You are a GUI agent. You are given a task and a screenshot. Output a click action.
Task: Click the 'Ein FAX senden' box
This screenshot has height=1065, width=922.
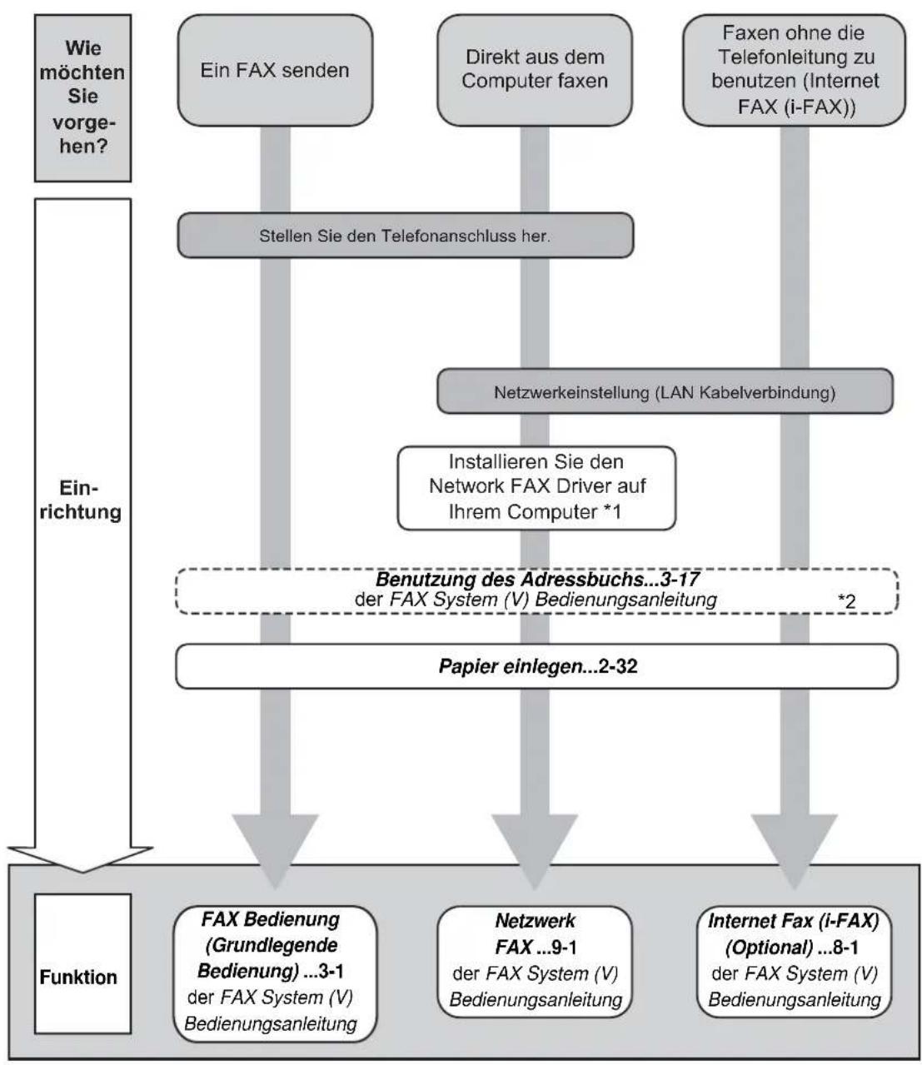[x=275, y=70]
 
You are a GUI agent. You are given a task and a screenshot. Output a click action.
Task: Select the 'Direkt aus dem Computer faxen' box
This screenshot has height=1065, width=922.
[x=535, y=70]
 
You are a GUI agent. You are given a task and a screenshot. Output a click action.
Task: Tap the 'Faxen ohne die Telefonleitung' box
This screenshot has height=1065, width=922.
[x=795, y=70]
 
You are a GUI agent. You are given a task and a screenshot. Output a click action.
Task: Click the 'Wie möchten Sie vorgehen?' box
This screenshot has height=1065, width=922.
[x=82, y=98]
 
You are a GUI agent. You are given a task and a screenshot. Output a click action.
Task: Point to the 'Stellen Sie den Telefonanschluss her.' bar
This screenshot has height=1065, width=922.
[x=406, y=236]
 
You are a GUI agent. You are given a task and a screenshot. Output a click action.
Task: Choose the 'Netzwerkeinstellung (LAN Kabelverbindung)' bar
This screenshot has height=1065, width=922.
[x=665, y=391]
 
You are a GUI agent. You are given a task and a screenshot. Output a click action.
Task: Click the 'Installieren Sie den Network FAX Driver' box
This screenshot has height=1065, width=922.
[x=536, y=487]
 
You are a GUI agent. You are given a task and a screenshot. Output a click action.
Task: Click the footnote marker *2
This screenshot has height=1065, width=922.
[x=847, y=601]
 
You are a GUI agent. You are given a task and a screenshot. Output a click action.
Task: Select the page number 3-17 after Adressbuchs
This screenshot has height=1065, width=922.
[x=680, y=579]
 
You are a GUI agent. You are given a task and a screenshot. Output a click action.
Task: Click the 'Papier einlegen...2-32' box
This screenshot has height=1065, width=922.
[x=537, y=665]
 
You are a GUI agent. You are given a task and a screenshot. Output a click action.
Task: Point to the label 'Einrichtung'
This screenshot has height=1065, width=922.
[x=81, y=500]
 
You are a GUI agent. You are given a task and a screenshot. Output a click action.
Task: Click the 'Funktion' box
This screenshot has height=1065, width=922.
[x=82, y=978]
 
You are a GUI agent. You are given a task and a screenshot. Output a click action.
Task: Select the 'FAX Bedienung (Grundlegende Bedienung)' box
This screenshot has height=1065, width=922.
[x=275, y=973]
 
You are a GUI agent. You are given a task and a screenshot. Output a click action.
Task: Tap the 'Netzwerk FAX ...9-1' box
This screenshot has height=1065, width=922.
[x=535, y=962]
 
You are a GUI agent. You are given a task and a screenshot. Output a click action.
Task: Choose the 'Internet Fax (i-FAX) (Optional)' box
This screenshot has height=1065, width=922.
[x=795, y=962]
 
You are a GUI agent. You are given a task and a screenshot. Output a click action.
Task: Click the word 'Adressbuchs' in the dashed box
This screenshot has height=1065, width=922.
[x=582, y=579]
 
